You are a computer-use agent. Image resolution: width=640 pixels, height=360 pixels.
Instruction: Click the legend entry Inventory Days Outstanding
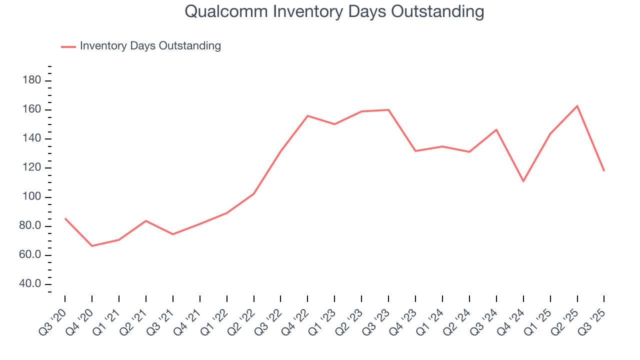coord(150,46)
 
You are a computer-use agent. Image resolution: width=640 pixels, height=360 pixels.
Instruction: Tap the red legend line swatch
coord(68,46)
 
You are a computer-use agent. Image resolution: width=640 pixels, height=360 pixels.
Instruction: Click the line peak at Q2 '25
coord(577,106)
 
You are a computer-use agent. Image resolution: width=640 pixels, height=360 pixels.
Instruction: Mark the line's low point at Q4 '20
coord(92,245)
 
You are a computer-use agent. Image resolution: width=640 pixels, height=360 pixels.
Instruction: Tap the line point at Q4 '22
coord(307,115)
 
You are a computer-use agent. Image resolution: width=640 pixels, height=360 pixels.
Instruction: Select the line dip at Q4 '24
coord(523,181)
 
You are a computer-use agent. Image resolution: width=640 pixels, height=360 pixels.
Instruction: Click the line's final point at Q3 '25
coord(604,171)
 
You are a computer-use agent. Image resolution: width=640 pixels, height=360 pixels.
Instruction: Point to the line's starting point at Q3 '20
coord(65,218)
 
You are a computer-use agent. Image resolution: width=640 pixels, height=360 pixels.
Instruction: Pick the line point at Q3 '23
coord(388,110)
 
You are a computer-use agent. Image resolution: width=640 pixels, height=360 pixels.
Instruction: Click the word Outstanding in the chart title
coord(440,11)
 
